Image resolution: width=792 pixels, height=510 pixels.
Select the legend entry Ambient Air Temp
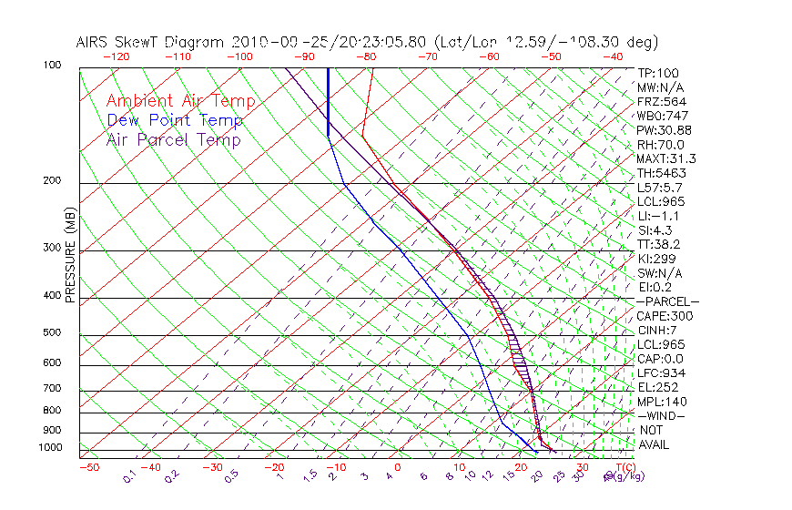coord(180,102)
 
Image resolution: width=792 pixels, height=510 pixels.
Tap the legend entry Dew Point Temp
coord(174,121)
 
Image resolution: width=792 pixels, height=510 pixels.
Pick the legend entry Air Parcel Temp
coord(173,140)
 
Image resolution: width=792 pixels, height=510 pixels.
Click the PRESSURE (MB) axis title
coord(70,257)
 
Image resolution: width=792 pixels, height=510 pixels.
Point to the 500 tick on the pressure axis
coord(55,333)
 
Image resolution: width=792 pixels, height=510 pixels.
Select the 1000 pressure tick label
coord(52,448)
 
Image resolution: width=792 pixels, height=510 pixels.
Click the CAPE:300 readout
coord(664,316)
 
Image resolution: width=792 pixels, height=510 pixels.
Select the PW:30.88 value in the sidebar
coord(664,130)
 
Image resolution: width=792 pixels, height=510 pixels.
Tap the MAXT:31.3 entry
coord(665,159)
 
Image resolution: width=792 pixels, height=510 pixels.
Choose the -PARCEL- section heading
coord(667,301)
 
